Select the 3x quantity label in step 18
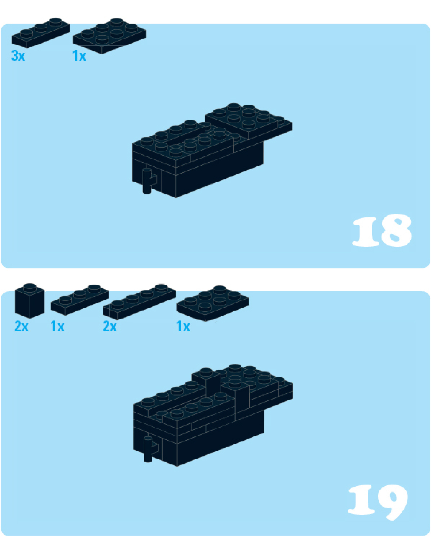click(18, 56)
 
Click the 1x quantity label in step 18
click(79, 56)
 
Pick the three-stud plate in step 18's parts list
click(41, 33)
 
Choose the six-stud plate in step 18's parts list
click(110, 36)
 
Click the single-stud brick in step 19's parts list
click(30, 301)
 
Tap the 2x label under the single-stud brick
click(21, 327)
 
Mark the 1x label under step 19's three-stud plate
click(57, 327)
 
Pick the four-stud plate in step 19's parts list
click(139, 302)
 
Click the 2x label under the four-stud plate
click(110, 327)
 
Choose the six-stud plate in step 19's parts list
click(213, 303)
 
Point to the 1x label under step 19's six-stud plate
click(183, 327)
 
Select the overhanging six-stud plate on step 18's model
click(248, 121)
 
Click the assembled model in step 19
click(213, 415)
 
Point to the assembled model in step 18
click(212, 150)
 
